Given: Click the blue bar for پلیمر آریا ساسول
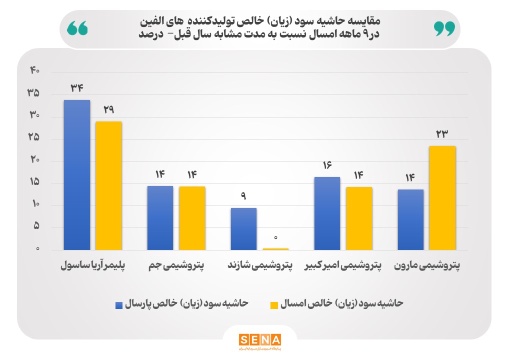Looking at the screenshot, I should coord(76,175).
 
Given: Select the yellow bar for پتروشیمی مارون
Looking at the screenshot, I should coord(442,198).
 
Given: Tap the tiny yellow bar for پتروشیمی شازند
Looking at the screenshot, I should coord(275,248).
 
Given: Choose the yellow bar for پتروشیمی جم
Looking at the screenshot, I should coord(192,218).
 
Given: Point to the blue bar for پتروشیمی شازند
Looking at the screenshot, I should coord(243,229).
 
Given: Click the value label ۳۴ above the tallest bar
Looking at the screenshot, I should coord(76,88).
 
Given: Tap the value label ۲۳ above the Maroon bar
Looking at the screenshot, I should coord(442,133).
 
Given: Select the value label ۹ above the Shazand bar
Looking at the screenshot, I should coord(243,196).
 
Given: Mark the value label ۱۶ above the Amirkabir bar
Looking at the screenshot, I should coord(327,165).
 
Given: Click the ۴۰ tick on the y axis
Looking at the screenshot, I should coord(34,70).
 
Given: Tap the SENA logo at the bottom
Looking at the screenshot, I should coord(259,340).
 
